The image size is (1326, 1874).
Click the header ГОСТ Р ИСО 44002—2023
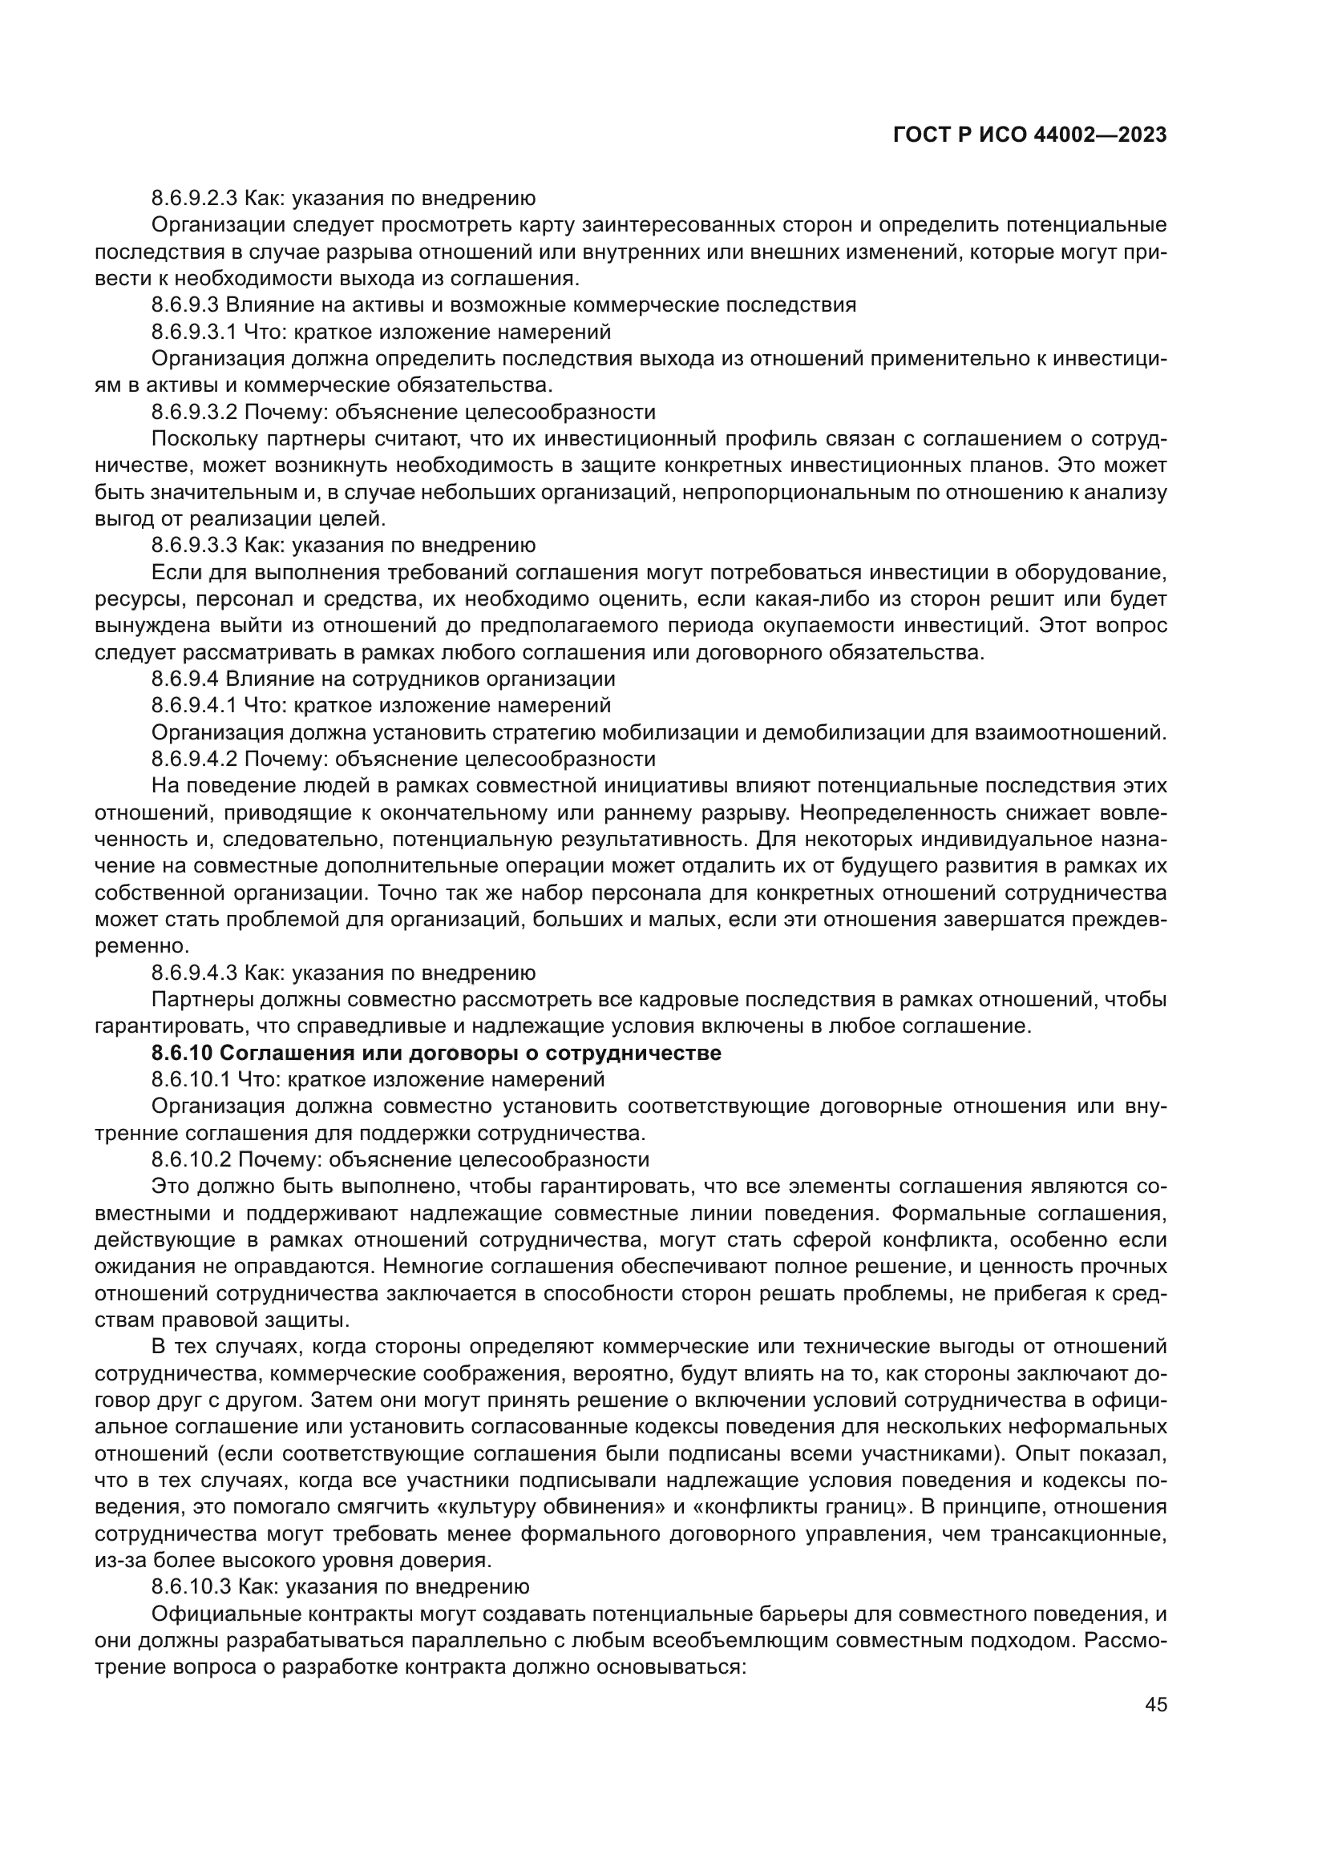[1029, 135]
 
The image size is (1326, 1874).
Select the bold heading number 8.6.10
[181, 1053]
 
